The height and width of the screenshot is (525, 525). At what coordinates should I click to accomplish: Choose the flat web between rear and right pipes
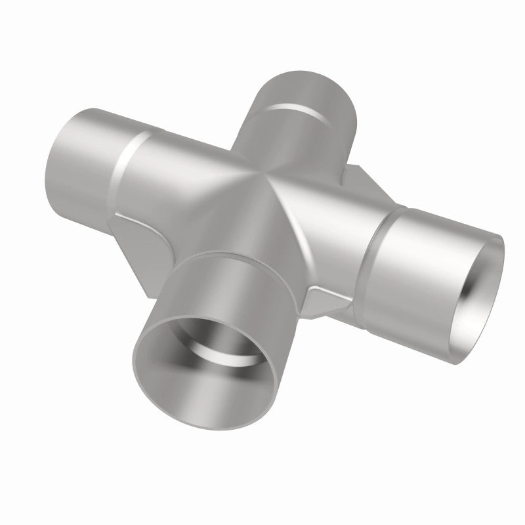(358, 180)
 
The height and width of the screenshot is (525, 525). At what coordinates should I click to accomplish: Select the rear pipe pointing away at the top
(302, 112)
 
